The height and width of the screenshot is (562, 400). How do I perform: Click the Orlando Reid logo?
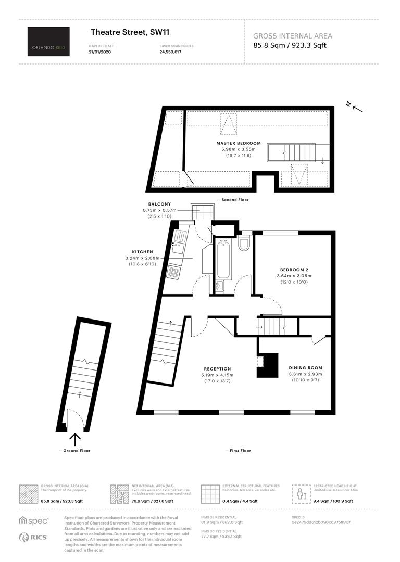(48, 41)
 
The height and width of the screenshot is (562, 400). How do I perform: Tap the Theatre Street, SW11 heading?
(130, 32)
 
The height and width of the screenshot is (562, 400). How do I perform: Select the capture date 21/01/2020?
(100, 52)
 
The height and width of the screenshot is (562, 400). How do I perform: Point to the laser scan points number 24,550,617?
(170, 52)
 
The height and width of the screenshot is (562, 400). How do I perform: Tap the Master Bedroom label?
(239, 143)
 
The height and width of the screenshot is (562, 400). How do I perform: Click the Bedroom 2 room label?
(294, 270)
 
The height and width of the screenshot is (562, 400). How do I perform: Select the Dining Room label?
(306, 368)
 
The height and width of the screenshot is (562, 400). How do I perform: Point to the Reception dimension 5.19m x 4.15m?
(217, 375)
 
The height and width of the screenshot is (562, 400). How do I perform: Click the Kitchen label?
(142, 252)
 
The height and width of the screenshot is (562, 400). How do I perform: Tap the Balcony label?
(160, 204)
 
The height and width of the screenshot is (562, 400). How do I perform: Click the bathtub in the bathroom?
(223, 260)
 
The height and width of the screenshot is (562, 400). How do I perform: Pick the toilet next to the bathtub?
(244, 242)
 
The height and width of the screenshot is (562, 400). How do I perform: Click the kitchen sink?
(179, 242)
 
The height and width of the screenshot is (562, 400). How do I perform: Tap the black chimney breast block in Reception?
(268, 365)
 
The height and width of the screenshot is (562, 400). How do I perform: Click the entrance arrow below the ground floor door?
(75, 439)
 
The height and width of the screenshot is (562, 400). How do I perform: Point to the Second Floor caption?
(235, 200)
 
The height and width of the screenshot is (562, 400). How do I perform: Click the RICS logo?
(33, 537)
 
